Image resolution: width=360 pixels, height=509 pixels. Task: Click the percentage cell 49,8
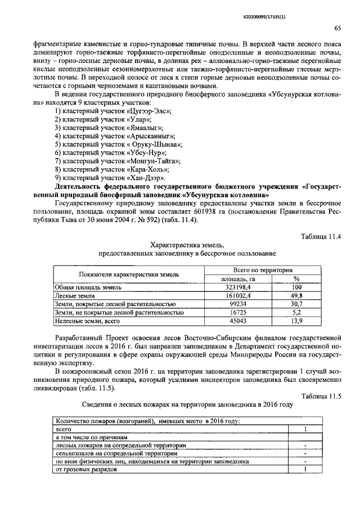click(296, 295)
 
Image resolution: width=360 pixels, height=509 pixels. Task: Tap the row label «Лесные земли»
click(70, 295)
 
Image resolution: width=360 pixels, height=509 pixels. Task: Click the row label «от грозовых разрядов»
click(87, 470)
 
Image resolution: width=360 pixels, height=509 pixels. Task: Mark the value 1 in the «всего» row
click(304, 429)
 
